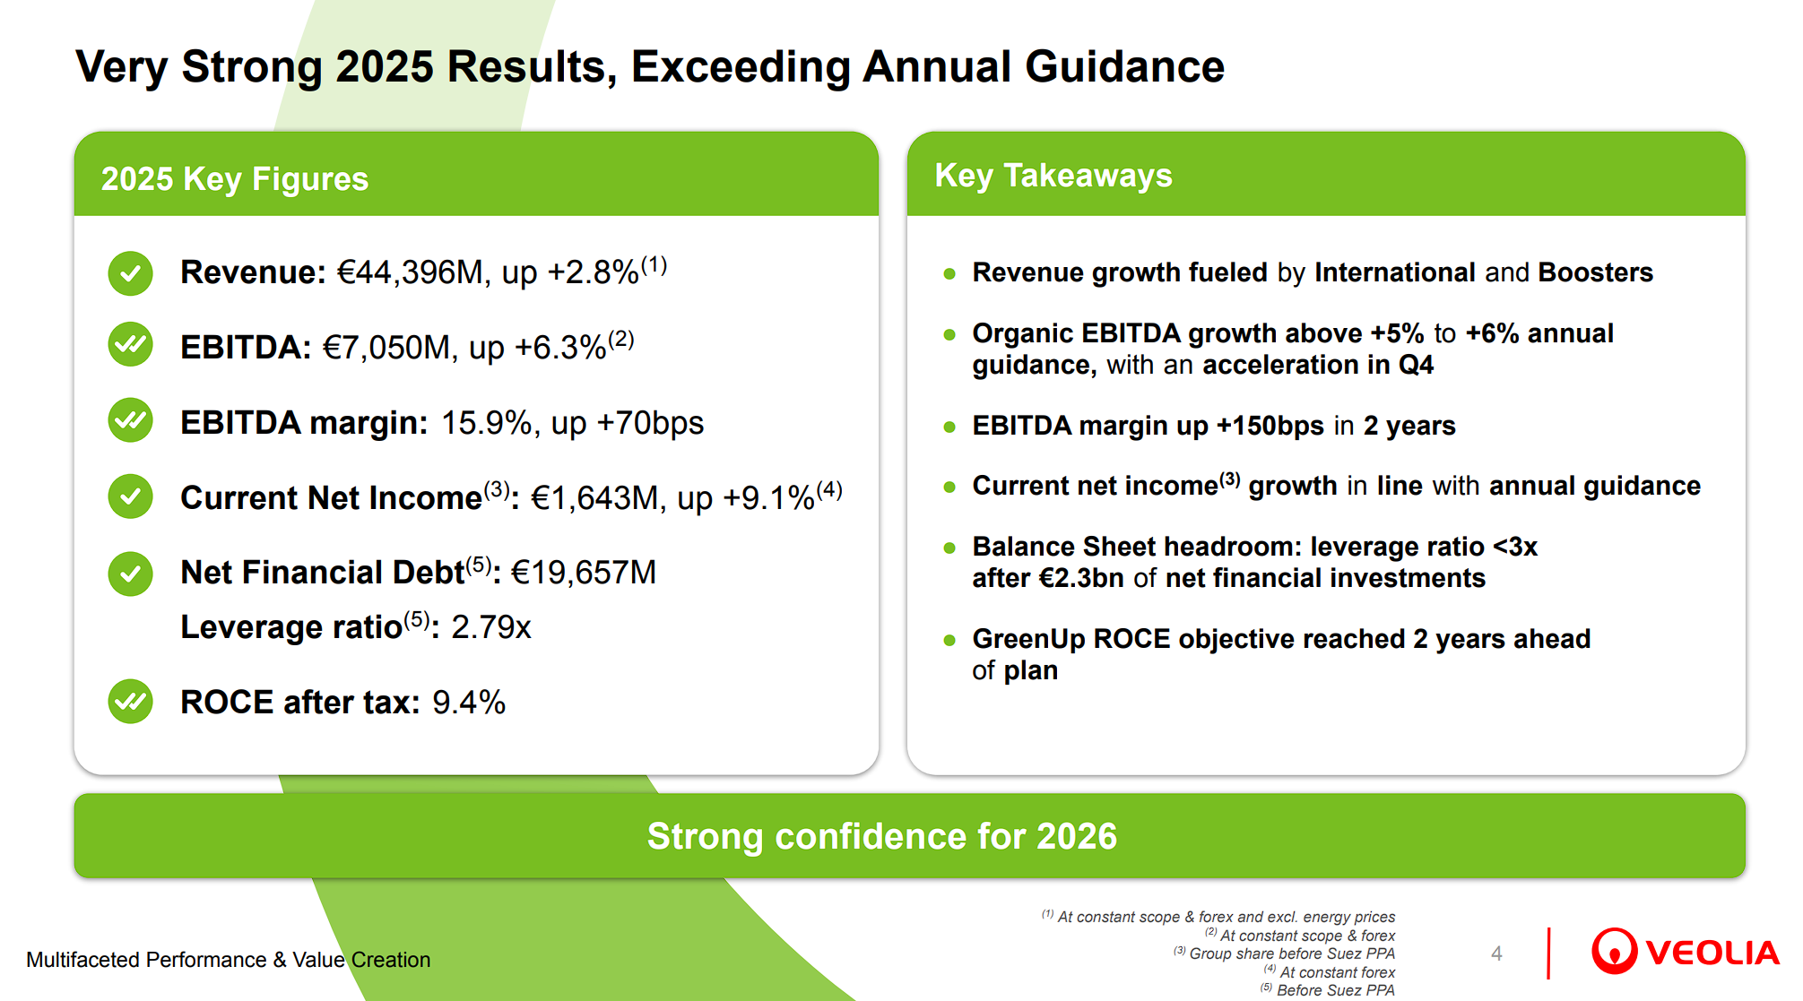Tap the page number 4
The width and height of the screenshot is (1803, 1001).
tap(1496, 954)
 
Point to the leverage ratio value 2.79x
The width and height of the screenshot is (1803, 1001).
tap(490, 627)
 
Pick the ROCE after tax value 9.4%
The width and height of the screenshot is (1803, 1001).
tap(468, 703)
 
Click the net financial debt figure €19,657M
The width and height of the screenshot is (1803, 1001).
tap(583, 573)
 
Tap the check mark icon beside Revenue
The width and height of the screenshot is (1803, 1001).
tap(131, 272)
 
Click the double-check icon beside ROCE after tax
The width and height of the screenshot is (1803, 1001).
tap(131, 701)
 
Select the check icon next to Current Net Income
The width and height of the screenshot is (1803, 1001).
tap(131, 496)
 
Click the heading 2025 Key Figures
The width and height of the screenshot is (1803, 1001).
tap(235, 179)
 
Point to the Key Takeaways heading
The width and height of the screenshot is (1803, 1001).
tap(1053, 176)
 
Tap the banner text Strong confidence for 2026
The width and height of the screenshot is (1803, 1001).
tap(882, 836)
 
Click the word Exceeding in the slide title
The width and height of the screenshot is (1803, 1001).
tap(741, 67)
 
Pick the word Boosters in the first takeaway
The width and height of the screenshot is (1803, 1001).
tap(1595, 272)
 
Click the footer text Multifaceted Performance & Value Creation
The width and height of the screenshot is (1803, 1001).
tap(229, 960)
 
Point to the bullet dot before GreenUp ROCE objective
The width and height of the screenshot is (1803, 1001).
tap(949, 640)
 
